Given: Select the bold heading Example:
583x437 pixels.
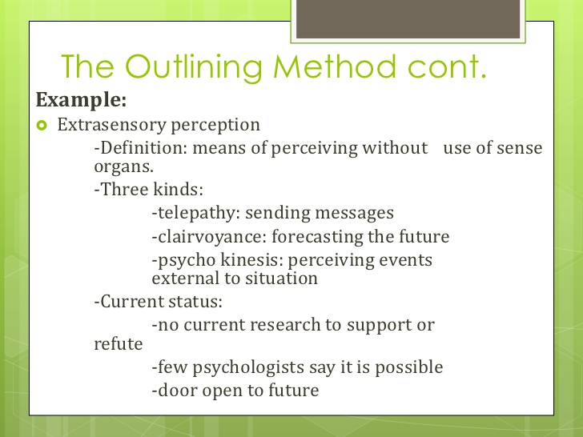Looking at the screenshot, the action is coord(81,100).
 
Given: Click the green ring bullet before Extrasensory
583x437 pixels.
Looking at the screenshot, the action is coord(42,126).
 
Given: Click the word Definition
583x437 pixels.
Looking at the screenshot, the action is coord(143,148).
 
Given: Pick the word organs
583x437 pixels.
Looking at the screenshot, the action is coord(123,167).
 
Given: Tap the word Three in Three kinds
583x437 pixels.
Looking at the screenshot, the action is coord(125,189).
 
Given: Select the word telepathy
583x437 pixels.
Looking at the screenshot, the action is coord(196,214).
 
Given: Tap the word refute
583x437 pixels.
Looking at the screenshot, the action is coord(119,343).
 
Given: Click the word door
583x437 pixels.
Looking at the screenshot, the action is coord(178,391).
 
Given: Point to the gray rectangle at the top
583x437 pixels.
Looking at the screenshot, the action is coord(408,19).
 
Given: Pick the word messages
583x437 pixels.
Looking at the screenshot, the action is coord(354,214).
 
